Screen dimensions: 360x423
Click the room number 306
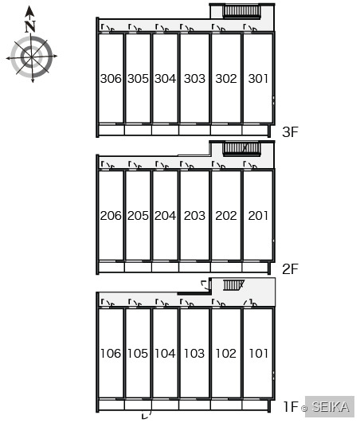pos(111,79)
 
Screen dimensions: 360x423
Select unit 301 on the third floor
pos(258,79)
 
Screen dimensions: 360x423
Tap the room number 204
pos(165,216)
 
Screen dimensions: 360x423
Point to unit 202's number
pos(226,216)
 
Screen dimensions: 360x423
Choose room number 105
pos(138,354)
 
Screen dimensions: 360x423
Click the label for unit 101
pos(258,354)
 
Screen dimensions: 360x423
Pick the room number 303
pos(194,79)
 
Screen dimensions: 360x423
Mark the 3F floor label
pos(290,132)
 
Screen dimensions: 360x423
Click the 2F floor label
pos(290,269)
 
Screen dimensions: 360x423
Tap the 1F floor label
pos(291,406)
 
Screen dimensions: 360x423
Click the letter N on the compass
pos(30,26)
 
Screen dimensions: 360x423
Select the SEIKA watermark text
pos(331,406)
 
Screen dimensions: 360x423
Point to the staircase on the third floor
pos(241,12)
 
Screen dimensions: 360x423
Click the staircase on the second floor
pos(241,149)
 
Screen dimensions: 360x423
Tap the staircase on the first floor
pos(233,285)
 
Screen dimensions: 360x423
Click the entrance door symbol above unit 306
pos(108,28)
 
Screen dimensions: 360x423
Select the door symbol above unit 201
pos(250,165)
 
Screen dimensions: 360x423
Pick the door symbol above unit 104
pos(162,303)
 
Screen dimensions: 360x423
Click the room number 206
pos(111,216)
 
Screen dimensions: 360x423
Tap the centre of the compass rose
pos(32,57)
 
